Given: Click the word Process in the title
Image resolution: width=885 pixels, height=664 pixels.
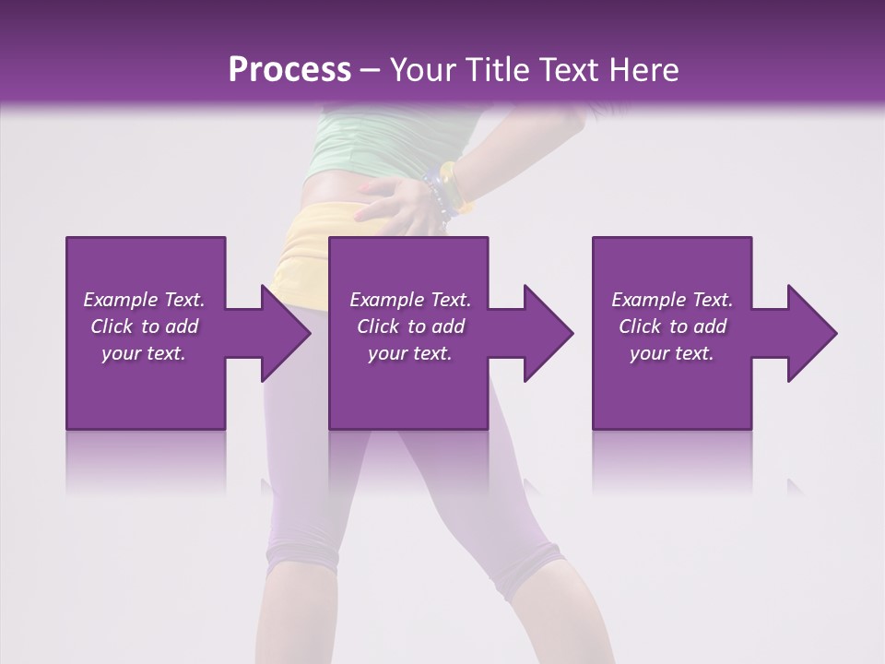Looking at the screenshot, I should tap(289, 70).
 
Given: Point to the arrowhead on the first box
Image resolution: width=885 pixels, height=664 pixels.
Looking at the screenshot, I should tap(280, 333).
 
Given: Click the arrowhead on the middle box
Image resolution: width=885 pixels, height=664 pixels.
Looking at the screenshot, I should tap(544, 333).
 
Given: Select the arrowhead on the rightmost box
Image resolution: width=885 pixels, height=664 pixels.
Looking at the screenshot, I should tap(808, 333).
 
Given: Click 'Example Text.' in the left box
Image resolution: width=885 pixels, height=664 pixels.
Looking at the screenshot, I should tap(144, 300).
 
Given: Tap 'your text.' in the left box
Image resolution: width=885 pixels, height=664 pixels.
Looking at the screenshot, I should tap(144, 353).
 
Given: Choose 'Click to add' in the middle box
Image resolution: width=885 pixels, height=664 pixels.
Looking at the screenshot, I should tap(410, 326).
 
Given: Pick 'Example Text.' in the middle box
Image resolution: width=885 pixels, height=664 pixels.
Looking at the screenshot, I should tap(410, 300).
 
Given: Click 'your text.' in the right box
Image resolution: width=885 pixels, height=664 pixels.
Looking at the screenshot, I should tap(672, 353).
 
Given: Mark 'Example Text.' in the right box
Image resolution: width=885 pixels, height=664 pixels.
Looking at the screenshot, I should tap(672, 300).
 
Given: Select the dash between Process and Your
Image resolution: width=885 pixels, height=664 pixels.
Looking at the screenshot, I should tap(371, 71).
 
